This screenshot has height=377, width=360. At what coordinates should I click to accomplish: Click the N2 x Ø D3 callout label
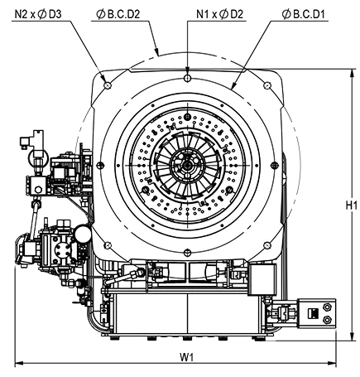pyautogui.click(x=38, y=14)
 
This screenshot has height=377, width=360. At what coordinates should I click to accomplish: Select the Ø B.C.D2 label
pyautogui.click(x=118, y=14)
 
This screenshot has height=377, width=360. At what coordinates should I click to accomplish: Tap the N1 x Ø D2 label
pyautogui.click(x=219, y=14)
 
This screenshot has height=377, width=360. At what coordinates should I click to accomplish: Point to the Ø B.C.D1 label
pyautogui.click(x=304, y=14)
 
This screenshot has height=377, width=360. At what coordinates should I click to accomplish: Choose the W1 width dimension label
pyautogui.click(x=187, y=357)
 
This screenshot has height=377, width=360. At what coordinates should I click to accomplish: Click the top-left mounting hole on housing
pyautogui.click(x=108, y=85)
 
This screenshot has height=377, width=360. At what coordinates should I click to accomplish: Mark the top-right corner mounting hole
pyautogui.click(x=267, y=85)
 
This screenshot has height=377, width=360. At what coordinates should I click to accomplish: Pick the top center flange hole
pyautogui.click(x=188, y=78)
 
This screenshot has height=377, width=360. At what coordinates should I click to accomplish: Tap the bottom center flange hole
pyautogui.click(x=188, y=252)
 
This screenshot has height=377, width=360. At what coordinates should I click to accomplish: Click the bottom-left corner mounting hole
pyautogui.click(x=108, y=245)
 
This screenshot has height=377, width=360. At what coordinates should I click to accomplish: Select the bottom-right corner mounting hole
pyautogui.click(x=267, y=245)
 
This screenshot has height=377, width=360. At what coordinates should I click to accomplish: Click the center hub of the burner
pyautogui.click(x=188, y=166)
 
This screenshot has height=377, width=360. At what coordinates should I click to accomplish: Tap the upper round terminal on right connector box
pyautogui.click(x=327, y=307)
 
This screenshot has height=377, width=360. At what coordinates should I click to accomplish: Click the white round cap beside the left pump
pyautogui.click(x=83, y=234)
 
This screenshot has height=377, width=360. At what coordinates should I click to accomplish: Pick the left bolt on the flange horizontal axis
pyautogui.click(x=100, y=165)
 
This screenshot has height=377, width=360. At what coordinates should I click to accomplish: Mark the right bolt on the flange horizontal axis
pyautogui.click(x=275, y=165)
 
